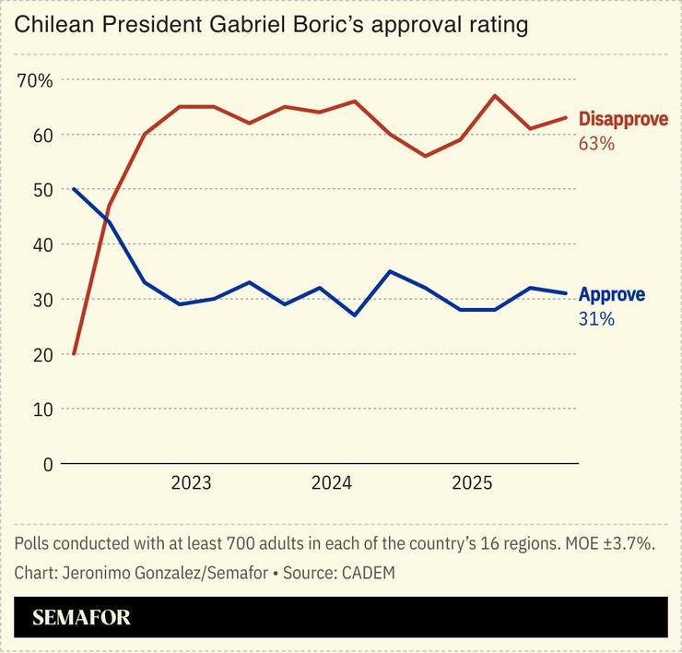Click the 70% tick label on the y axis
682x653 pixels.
(35, 80)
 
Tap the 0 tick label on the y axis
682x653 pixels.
(47, 464)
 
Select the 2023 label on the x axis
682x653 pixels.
(191, 483)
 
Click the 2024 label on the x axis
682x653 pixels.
(331, 483)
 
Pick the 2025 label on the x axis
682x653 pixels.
(471, 483)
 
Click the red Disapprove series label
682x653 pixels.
(623, 119)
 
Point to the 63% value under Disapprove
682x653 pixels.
(596, 144)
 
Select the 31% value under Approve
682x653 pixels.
(595, 320)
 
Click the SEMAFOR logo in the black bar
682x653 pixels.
(81, 618)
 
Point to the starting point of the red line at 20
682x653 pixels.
(74, 354)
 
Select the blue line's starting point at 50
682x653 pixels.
(74, 189)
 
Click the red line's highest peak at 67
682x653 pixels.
(495, 96)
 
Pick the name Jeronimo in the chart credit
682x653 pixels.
(95, 572)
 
